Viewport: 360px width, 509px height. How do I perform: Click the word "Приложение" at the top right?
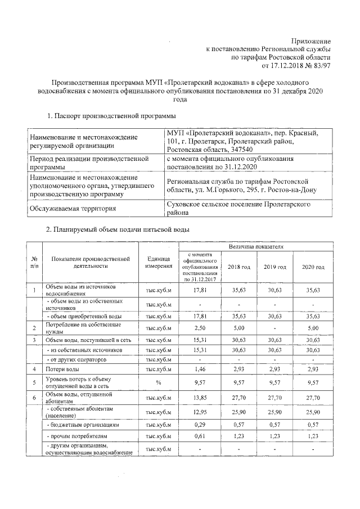[x=311, y=40]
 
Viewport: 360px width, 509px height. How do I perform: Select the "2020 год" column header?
[x=313, y=267]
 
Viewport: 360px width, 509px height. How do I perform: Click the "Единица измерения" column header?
[x=158, y=262]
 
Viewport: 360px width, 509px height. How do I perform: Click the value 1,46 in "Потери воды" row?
[x=200, y=369]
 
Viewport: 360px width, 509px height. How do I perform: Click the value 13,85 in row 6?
[x=200, y=398]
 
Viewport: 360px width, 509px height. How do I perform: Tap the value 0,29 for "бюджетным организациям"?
[x=200, y=426]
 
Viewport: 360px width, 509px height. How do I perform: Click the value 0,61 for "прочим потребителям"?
[x=200, y=436]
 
